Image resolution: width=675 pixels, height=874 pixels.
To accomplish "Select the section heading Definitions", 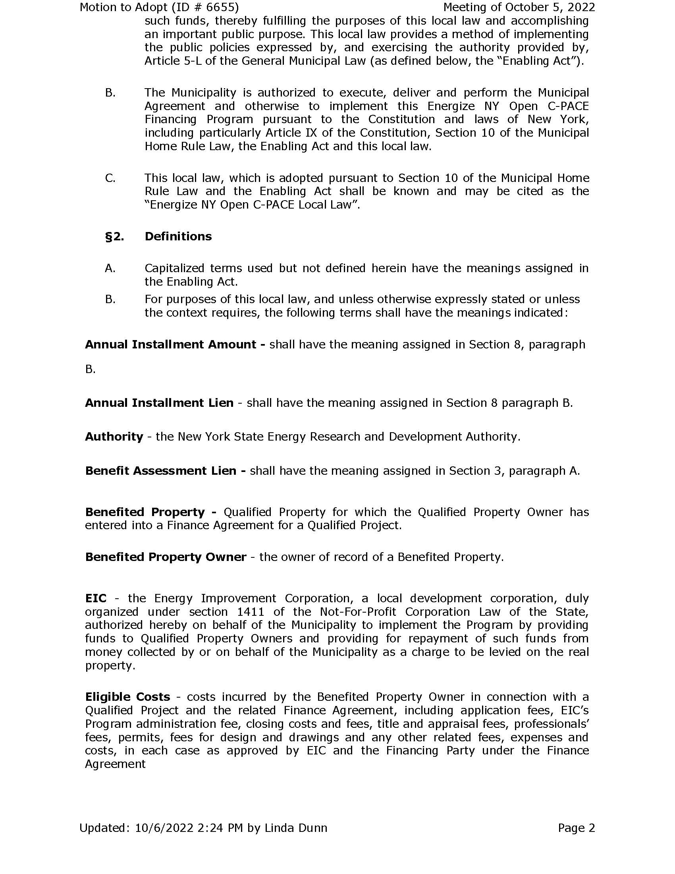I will [178, 236].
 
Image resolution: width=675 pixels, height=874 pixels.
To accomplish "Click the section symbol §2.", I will [114, 236].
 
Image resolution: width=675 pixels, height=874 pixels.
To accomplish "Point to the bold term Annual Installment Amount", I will [171, 344].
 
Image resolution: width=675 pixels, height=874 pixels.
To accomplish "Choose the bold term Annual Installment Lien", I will [159, 402].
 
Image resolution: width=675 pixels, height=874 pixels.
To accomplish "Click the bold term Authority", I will [114, 437].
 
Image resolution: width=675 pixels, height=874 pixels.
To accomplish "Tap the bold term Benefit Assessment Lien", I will [161, 471].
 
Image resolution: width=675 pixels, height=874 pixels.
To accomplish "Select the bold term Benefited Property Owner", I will [166, 557].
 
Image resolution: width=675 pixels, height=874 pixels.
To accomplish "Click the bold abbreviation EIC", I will [96, 598].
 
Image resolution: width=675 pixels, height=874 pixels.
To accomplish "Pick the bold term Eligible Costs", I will [127, 697].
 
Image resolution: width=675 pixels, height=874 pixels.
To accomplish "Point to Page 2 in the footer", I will [576, 828].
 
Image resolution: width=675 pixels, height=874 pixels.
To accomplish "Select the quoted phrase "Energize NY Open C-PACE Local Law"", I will [252, 205].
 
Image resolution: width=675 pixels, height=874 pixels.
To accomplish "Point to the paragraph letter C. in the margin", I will [110, 178].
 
